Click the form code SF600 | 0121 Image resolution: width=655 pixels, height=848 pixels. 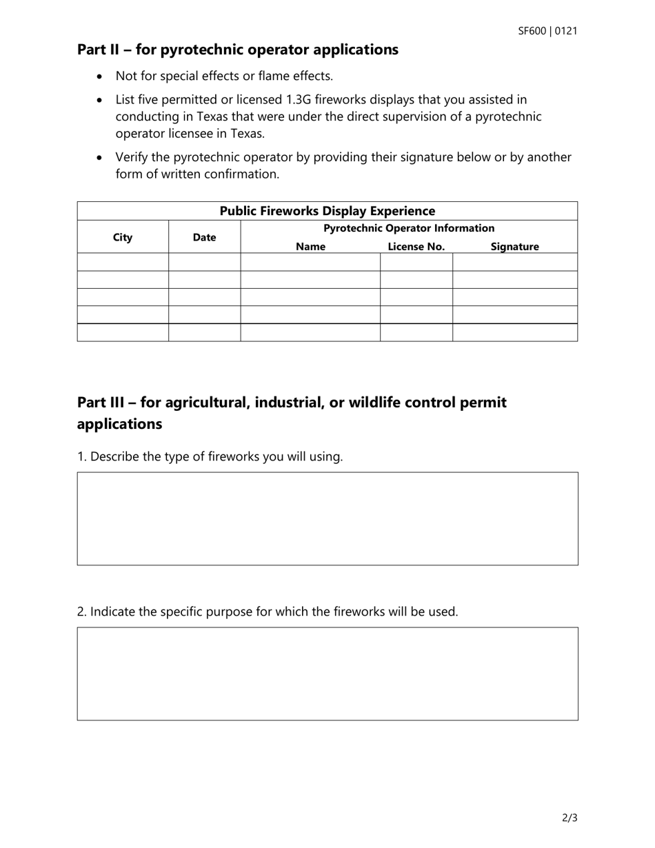click(547, 31)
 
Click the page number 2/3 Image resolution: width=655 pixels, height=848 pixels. click(570, 818)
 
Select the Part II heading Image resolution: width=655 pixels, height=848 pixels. click(238, 50)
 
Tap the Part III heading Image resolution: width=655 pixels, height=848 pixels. click(292, 412)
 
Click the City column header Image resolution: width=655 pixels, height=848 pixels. click(123, 238)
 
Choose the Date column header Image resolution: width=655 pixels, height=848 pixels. click(204, 238)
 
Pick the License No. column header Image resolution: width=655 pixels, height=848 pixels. click(416, 247)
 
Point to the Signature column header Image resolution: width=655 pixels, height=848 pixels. click(514, 247)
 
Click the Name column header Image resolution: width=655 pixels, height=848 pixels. click(310, 247)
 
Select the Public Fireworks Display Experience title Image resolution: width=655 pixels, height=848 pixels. click(327, 211)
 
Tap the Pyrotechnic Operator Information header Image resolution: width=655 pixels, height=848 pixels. click(409, 228)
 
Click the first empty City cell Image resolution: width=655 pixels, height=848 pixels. click(123, 262)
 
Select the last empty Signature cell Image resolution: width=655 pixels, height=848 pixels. click(514, 332)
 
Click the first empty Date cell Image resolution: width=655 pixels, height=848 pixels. click(204, 262)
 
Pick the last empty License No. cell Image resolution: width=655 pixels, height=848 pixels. click(416, 332)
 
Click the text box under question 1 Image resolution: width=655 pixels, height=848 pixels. click(327, 518)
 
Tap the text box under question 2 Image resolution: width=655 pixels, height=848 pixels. click(327, 674)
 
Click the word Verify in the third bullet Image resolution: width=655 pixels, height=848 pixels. click(132, 157)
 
